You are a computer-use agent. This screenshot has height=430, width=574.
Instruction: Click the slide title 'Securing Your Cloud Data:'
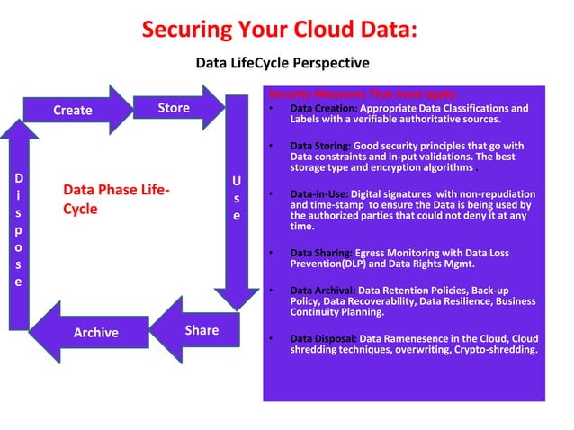click(x=279, y=30)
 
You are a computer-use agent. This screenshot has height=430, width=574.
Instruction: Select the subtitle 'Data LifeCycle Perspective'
click(x=283, y=63)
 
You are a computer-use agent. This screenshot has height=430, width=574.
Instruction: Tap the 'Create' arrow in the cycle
click(x=74, y=110)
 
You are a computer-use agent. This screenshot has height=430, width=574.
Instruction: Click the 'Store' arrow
click(x=175, y=108)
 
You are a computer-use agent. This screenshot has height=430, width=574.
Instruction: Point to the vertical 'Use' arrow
click(x=237, y=198)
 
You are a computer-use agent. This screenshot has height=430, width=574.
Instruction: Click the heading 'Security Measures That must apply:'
click(x=363, y=94)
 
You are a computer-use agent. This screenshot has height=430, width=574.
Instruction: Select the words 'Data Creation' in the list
click(x=319, y=109)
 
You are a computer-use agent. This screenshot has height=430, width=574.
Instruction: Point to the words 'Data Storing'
click(x=319, y=146)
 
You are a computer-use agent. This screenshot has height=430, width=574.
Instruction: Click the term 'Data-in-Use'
click(x=318, y=194)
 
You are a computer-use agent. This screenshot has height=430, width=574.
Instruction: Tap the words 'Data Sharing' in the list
click(x=320, y=254)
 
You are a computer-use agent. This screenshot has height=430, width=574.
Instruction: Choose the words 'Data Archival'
click(x=321, y=291)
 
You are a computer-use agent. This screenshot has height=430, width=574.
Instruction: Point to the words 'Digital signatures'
click(x=390, y=194)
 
